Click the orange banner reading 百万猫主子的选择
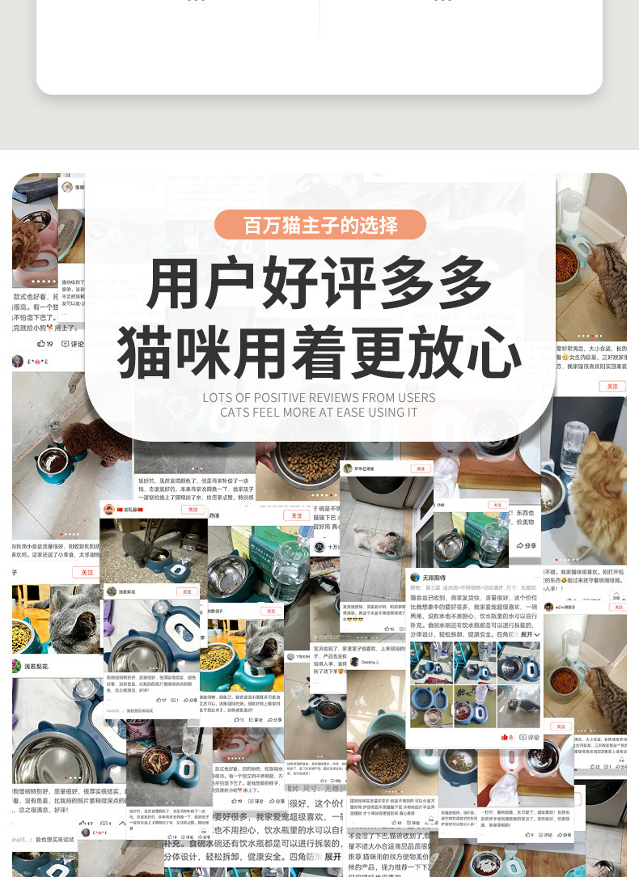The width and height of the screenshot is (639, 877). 319,225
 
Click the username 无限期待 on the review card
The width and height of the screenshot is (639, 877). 433,578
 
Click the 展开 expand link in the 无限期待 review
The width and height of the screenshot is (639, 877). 527,634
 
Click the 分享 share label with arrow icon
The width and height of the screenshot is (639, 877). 527,546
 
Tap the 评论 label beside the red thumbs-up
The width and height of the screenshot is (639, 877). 530,737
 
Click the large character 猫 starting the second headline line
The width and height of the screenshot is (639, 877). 150,353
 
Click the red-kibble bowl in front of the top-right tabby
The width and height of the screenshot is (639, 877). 566,262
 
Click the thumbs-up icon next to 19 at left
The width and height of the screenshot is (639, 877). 42,344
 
